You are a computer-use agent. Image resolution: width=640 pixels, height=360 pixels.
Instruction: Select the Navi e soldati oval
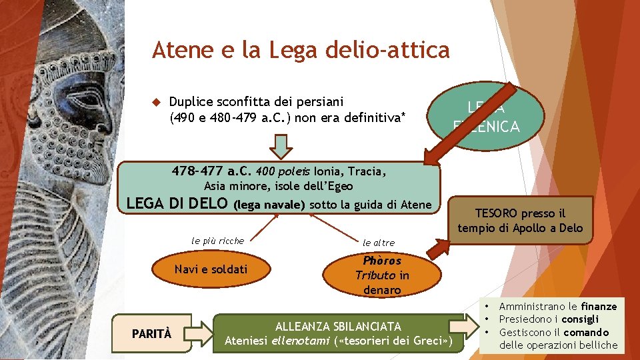211,269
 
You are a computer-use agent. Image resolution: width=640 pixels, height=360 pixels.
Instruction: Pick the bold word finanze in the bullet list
599,307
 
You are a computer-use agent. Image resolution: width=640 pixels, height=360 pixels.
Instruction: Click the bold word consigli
579,319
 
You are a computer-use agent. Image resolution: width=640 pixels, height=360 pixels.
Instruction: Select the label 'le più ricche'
217,241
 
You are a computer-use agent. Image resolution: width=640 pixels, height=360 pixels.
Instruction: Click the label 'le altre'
378,243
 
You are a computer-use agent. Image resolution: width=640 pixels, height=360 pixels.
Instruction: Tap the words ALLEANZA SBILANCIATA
339,327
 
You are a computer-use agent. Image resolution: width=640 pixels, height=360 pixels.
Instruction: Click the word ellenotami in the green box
296,341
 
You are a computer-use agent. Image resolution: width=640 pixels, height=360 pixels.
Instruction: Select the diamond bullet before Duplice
157,103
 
